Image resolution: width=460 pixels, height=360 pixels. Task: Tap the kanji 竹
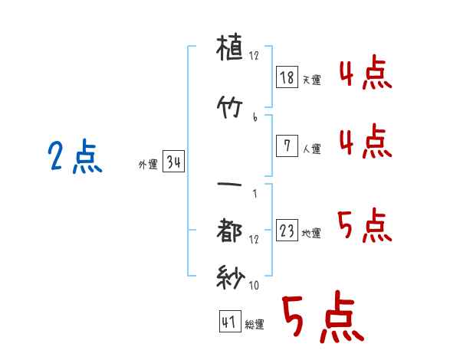(x=229, y=107)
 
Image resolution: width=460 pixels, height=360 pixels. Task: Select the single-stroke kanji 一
(x=229, y=185)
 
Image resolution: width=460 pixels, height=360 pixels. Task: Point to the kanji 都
(x=229, y=230)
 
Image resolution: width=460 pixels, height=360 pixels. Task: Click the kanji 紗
(x=231, y=277)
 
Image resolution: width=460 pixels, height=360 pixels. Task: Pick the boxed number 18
(x=287, y=77)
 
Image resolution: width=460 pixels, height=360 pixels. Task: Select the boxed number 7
(x=287, y=146)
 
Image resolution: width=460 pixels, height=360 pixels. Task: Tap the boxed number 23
(x=287, y=230)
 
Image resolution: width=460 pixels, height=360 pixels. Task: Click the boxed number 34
(x=173, y=162)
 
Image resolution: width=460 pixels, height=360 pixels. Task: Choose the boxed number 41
(x=230, y=322)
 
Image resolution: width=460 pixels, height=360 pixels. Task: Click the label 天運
(x=312, y=80)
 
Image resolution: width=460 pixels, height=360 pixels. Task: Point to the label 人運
(x=312, y=149)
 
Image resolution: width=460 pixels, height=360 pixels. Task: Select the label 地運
(x=311, y=233)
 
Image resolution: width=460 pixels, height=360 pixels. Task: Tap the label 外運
(x=148, y=165)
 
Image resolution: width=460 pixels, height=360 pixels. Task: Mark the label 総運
(x=255, y=325)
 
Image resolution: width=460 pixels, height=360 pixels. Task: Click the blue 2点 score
(x=75, y=156)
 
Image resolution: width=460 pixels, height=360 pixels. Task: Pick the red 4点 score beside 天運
(x=366, y=73)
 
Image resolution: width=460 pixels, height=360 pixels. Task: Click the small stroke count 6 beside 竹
(x=255, y=117)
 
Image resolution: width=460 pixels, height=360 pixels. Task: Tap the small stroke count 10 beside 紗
(x=254, y=285)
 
